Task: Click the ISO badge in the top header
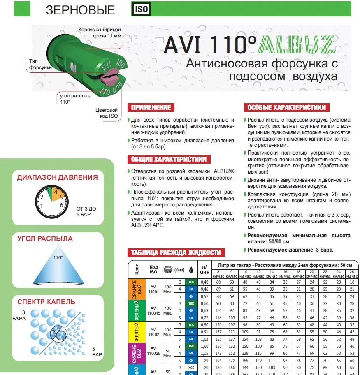(x=141, y=9)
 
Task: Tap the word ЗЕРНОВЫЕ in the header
(x=80, y=10)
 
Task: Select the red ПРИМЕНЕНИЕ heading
(x=151, y=108)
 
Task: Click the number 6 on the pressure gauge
(x=61, y=204)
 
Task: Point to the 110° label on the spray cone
(x=58, y=258)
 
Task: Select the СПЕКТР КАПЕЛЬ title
(x=46, y=302)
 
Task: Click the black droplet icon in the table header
(x=191, y=270)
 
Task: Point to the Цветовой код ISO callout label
(x=107, y=113)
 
